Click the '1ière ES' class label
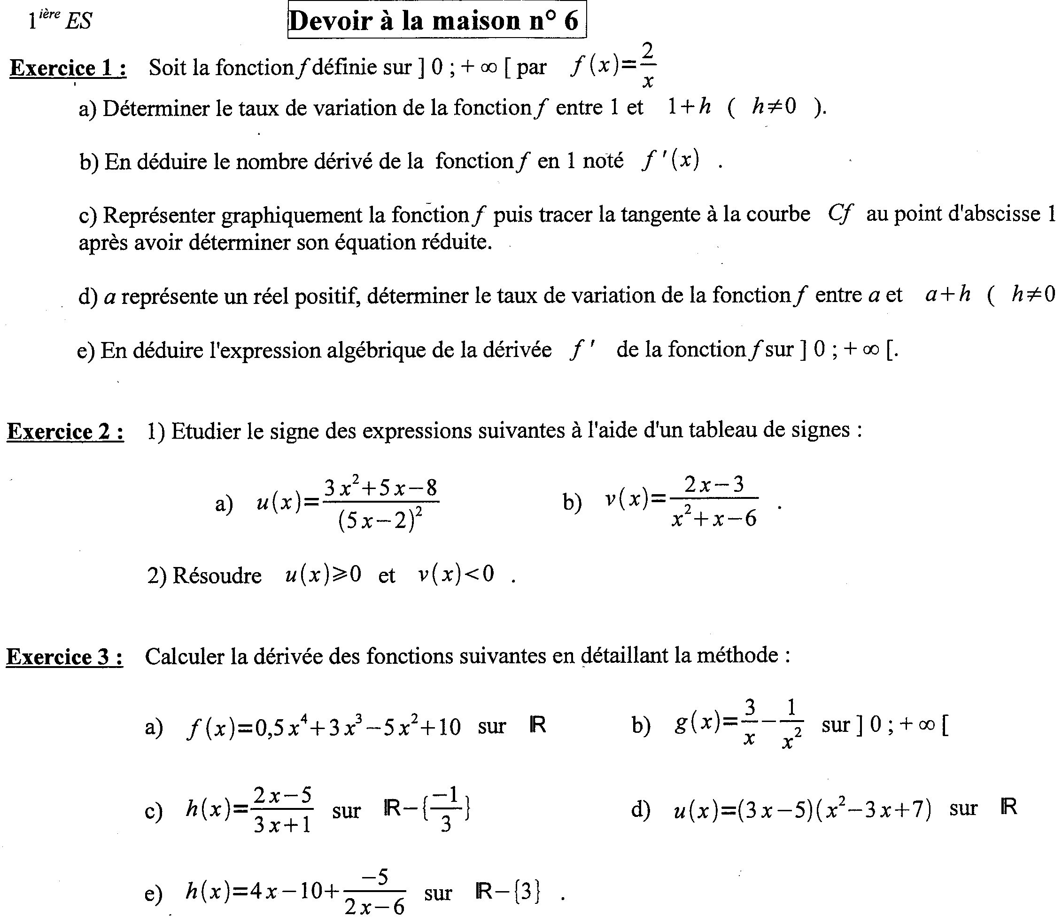click(x=60, y=21)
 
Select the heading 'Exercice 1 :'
click(x=68, y=68)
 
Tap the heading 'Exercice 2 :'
click(x=65, y=431)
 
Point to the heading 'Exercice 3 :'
click(x=65, y=656)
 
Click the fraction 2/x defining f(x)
click(x=648, y=66)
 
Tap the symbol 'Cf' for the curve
click(x=840, y=213)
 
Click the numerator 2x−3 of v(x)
click(x=714, y=485)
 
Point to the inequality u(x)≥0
click(x=323, y=575)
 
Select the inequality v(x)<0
click(x=456, y=575)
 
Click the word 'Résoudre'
click(x=217, y=575)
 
